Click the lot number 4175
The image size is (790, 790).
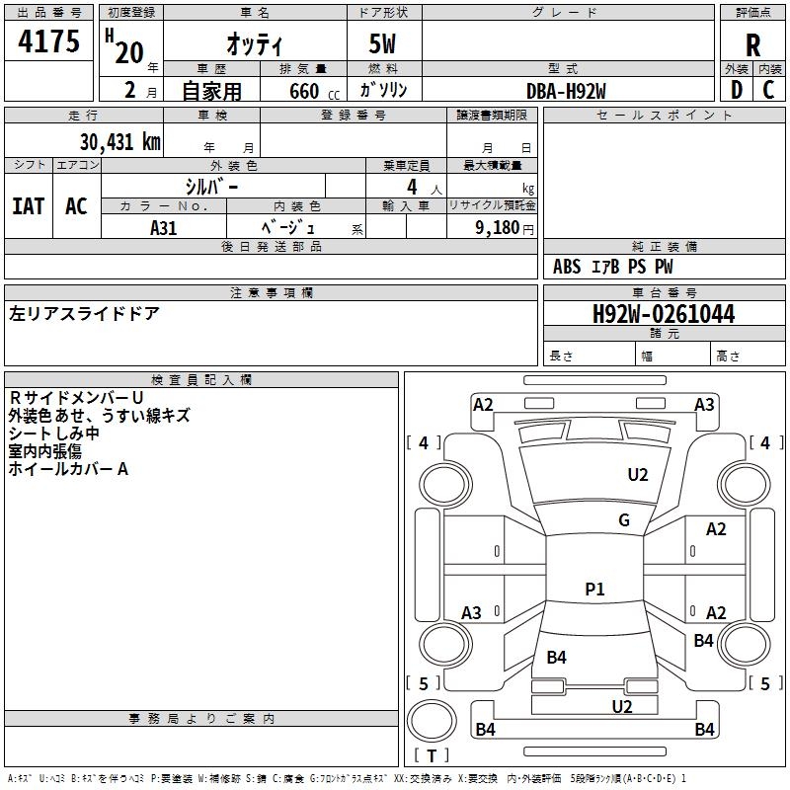point(48,40)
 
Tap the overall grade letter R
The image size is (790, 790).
point(752,45)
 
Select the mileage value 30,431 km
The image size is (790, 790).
point(119,141)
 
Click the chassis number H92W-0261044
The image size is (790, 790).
point(664,314)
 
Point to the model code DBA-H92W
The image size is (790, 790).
point(566,91)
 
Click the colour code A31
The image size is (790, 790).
point(163,228)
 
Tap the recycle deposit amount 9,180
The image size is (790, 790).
point(498,227)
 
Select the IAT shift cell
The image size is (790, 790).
point(29,206)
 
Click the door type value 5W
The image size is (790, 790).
point(382,43)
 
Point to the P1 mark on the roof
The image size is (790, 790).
point(594,589)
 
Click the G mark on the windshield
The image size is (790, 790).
point(624,519)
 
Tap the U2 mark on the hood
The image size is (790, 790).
point(637,474)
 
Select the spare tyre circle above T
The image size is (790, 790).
point(432,720)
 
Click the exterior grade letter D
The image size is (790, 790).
point(737,90)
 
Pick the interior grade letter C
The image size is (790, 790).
point(768,90)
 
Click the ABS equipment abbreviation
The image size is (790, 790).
point(567,267)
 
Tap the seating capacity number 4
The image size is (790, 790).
point(412,187)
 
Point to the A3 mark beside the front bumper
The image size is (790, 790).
point(704,405)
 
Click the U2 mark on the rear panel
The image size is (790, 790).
point(622,706)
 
